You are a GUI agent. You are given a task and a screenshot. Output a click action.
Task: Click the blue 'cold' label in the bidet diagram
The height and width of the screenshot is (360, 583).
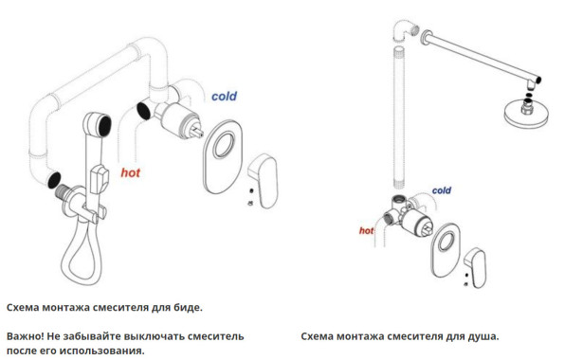[224, 97]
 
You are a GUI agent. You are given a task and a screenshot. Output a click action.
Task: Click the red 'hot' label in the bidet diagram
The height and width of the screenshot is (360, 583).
[131, 172]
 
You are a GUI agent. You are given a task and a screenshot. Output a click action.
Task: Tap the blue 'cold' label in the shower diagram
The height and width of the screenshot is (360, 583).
[442, 190]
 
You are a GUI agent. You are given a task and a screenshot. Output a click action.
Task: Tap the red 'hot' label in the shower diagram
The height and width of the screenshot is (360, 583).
[366, 231]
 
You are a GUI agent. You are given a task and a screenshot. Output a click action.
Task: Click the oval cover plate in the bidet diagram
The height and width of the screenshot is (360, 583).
[223, 156]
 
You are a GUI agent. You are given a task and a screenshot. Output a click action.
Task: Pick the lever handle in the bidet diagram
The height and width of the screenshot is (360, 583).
[264, 180]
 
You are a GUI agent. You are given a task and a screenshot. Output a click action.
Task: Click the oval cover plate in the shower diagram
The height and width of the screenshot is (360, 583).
[446, 250]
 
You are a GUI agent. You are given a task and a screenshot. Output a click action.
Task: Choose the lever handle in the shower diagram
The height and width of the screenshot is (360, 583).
[476, 267]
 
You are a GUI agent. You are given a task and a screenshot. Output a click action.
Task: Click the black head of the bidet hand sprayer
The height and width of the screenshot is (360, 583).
[104, 125]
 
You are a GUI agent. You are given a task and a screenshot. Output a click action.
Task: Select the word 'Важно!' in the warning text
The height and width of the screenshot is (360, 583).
[26, 336]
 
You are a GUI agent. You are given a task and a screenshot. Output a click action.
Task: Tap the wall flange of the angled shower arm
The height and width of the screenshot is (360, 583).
[426, 38]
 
